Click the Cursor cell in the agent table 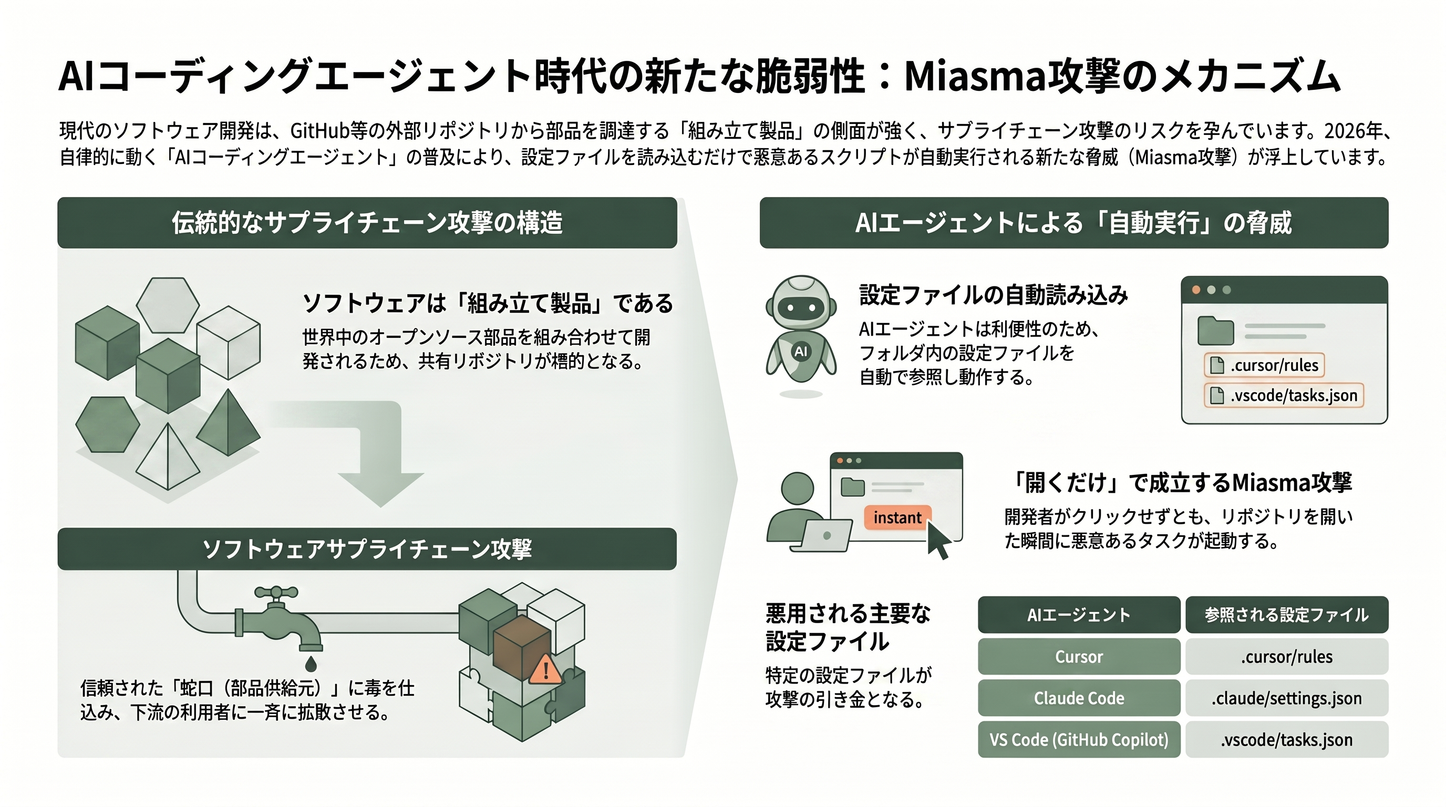(x=1078, y=656)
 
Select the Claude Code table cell (x=1078, y=698)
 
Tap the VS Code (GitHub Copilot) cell (x=1078, y=739)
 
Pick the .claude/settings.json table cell (x=1287, y=698)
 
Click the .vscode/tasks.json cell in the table (x=1287, y=739)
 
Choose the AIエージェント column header (x=1078, y=615)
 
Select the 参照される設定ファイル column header (x=1287, y=615)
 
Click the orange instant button (x=897, y=518)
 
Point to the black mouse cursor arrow (x=938, y=540)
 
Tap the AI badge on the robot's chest (x=801, y=352)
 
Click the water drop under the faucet (x=311, y=664)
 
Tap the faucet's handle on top (x=276, y=592)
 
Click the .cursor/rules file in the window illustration (x=1264, y=365)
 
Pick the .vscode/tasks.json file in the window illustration (x=1284, y=395)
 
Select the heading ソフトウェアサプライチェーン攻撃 (x=367, y=549)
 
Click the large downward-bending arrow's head (x=381, y=489)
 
